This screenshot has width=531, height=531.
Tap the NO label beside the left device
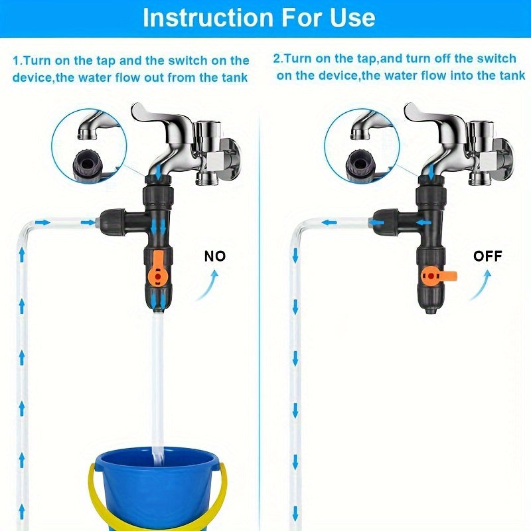(x=215, y=256)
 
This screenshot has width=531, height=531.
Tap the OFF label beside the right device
(x=487, y=256)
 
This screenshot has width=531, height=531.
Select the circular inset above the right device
(x=362, y=145)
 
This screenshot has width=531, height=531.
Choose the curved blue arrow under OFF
(x=484, y=285)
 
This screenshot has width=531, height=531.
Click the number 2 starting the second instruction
(x=278, y=58)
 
